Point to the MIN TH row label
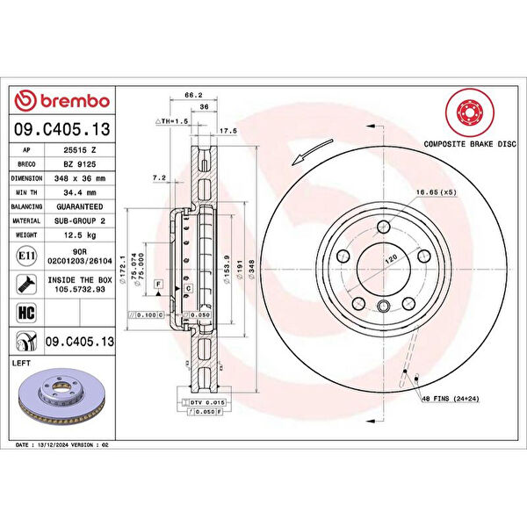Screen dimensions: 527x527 coord(27,191)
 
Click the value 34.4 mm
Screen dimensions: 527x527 coord(79,191)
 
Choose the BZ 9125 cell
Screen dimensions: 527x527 coord(79,162)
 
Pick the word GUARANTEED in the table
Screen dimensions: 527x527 coord(79,206)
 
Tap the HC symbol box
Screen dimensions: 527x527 coord(26,312)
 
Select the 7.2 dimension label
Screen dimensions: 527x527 coord(159,177)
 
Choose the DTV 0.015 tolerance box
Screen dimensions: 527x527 coord(208,401)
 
